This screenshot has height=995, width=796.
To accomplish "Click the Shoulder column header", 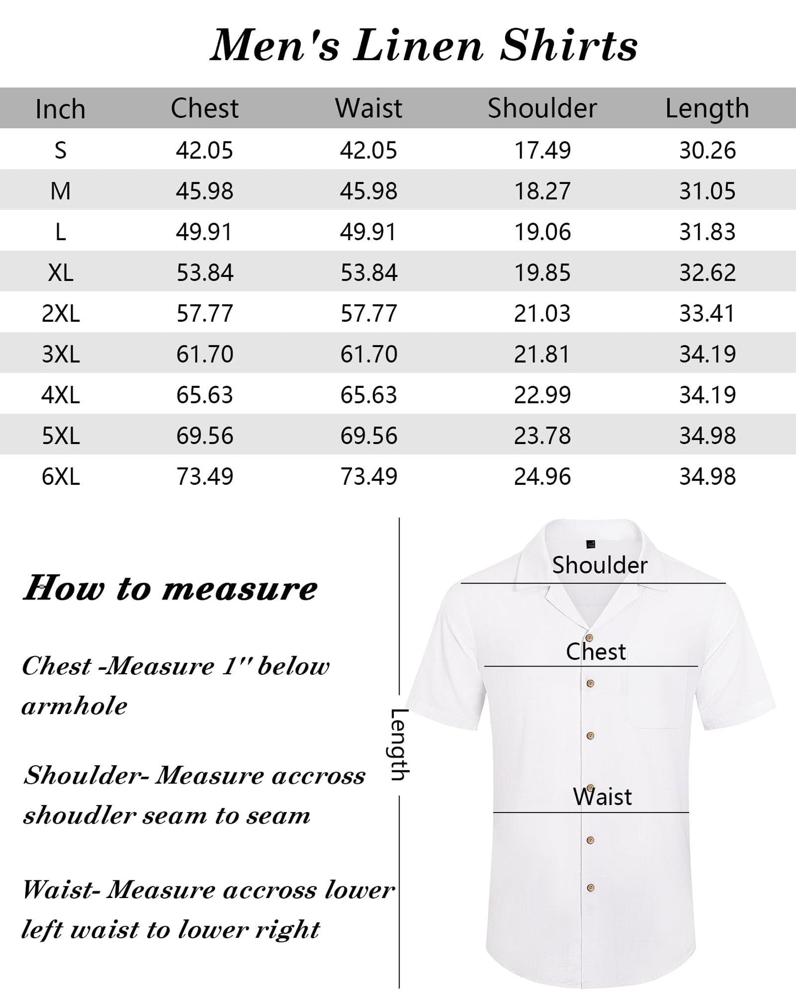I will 542,108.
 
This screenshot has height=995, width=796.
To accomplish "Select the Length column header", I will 707,109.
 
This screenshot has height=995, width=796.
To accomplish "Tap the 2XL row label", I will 61,313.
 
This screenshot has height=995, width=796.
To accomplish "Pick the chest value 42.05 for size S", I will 204,150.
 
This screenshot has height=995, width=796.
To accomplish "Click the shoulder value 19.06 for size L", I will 542,232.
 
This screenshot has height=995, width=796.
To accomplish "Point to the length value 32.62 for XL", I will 707,273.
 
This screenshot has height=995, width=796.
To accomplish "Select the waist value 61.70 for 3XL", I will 369,354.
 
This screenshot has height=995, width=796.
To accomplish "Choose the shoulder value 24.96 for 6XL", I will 542,477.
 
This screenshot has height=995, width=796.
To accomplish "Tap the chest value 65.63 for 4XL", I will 204,395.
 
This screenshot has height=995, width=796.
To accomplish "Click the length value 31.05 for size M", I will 707,191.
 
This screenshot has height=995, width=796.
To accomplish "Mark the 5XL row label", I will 61,436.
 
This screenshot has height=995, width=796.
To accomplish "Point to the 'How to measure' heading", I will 170,588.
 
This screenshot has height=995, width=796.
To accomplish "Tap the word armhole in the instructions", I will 74,706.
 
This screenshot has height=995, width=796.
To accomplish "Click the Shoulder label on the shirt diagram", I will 599,565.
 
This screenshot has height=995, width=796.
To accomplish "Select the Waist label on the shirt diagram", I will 602,797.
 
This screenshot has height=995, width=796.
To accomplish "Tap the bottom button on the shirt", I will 590,888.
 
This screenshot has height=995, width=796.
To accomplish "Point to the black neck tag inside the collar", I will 591,544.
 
